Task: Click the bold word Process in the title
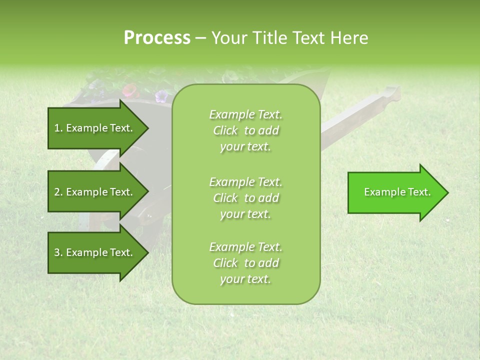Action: [157, 38]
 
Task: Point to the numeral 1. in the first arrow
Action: [58, 128]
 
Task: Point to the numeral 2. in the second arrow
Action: [58, 192]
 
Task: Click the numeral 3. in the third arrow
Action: [58, 252]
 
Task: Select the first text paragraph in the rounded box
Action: [245, 130]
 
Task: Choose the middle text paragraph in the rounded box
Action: [245, 197]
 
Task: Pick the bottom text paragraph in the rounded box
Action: [245, 263]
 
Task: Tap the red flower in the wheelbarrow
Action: [129, 90]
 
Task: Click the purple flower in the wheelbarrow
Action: [161, 95]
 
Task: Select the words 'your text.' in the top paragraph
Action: [245, 147]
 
